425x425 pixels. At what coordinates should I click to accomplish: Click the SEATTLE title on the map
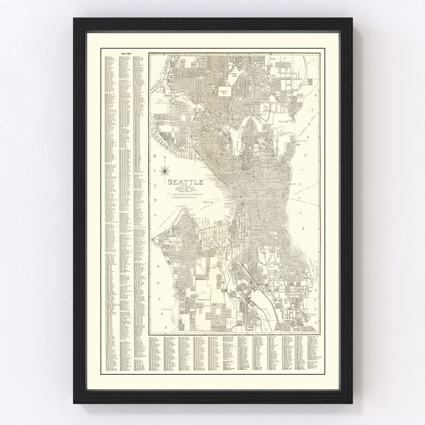pyautogui.click(x=185, y=182)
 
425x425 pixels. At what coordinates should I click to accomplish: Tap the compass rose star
pyautogui.click(x=166, y=170)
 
